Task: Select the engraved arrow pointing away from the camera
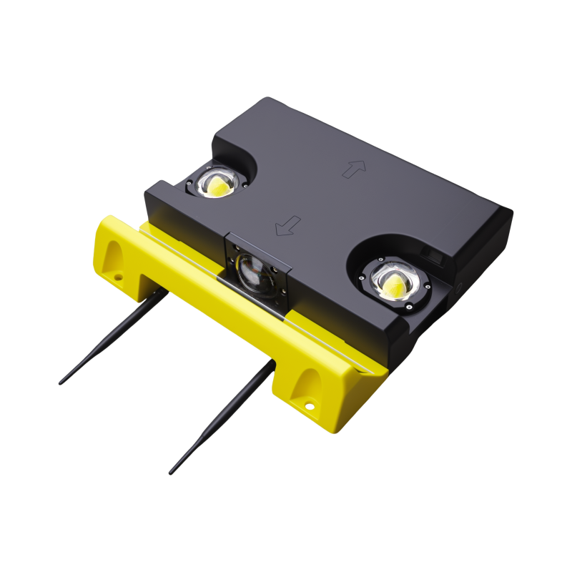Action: pos(354,169)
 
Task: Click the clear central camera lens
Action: pos(255,272)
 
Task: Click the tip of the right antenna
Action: pos(171,473)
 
